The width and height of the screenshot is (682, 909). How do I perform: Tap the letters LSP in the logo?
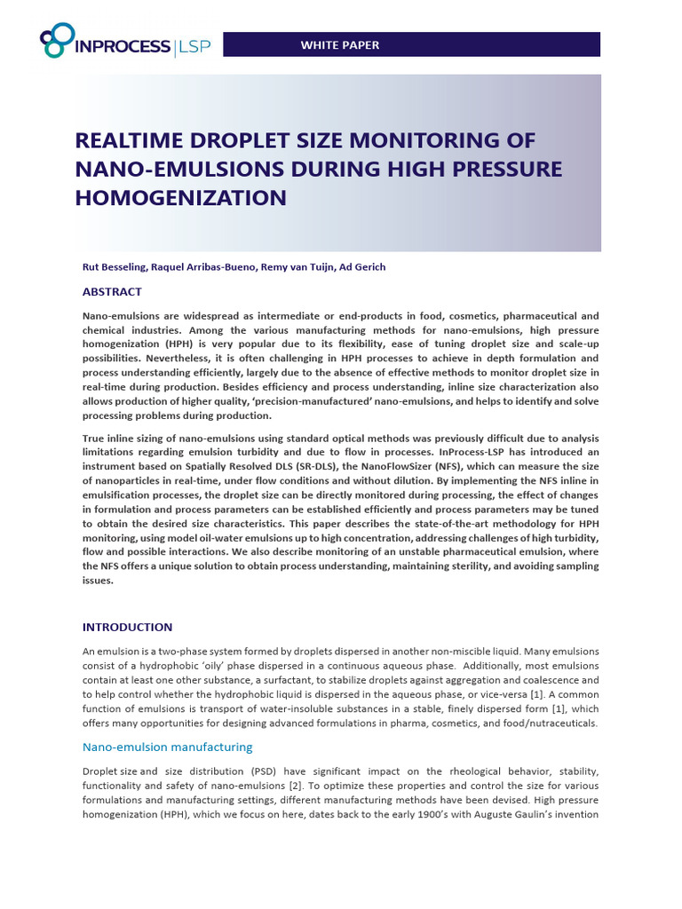[194, 46]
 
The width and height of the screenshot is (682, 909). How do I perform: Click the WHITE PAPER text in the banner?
[339, 44]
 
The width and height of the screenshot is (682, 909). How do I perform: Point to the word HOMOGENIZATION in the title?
[181, 197]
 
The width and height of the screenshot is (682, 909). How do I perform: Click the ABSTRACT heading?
[112, 292]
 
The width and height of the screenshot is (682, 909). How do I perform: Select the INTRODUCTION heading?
[127, 627]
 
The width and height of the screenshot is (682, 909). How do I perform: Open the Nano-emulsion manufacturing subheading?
[167, 747]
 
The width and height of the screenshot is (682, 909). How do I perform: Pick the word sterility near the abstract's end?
[446, 566]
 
